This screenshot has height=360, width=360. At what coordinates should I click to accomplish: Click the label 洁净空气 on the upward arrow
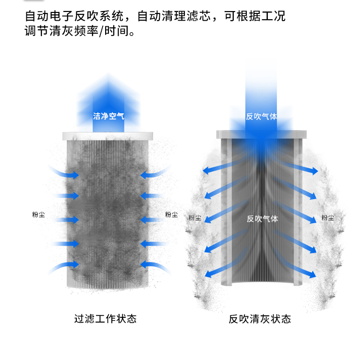coord(108,116)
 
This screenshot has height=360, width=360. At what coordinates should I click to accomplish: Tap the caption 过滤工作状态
coord(106,319)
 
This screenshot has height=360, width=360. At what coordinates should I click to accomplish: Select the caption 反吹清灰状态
coord(260,319)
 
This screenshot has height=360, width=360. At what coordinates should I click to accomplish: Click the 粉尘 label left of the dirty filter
coord(38,215)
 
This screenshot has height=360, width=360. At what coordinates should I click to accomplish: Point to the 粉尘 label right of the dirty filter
coord(171,215)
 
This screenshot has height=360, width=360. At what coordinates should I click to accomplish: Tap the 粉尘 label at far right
coord(328,217)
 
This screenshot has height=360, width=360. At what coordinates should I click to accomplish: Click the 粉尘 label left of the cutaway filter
coord(195,217)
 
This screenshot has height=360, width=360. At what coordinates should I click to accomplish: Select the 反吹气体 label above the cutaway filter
coord(262,117)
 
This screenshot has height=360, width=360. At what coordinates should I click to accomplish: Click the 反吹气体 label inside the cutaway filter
coord(263,219)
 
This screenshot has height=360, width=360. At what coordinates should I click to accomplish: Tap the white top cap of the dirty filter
coord(108,136)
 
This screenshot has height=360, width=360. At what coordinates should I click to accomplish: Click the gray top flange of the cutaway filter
coord(262,134)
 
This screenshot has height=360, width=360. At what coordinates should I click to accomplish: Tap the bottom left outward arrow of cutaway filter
coord(227,263)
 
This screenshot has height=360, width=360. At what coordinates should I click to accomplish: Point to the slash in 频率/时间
coord(101,31)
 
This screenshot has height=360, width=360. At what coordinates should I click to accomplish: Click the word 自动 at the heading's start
coord(36,16)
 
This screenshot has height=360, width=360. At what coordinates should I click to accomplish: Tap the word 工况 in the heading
coord(273,16)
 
